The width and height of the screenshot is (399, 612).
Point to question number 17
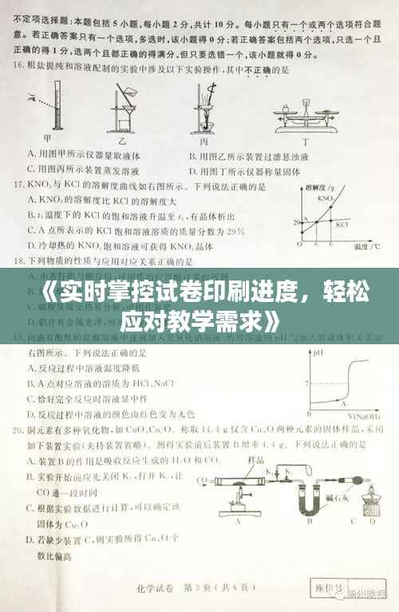click(21, 184)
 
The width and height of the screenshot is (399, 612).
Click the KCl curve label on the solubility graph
click(342, 226)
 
